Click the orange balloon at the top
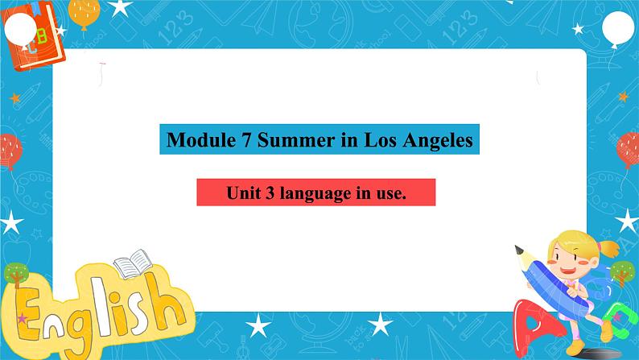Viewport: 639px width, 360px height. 83,11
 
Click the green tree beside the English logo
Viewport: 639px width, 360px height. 14,274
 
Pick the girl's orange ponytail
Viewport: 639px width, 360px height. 608,246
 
